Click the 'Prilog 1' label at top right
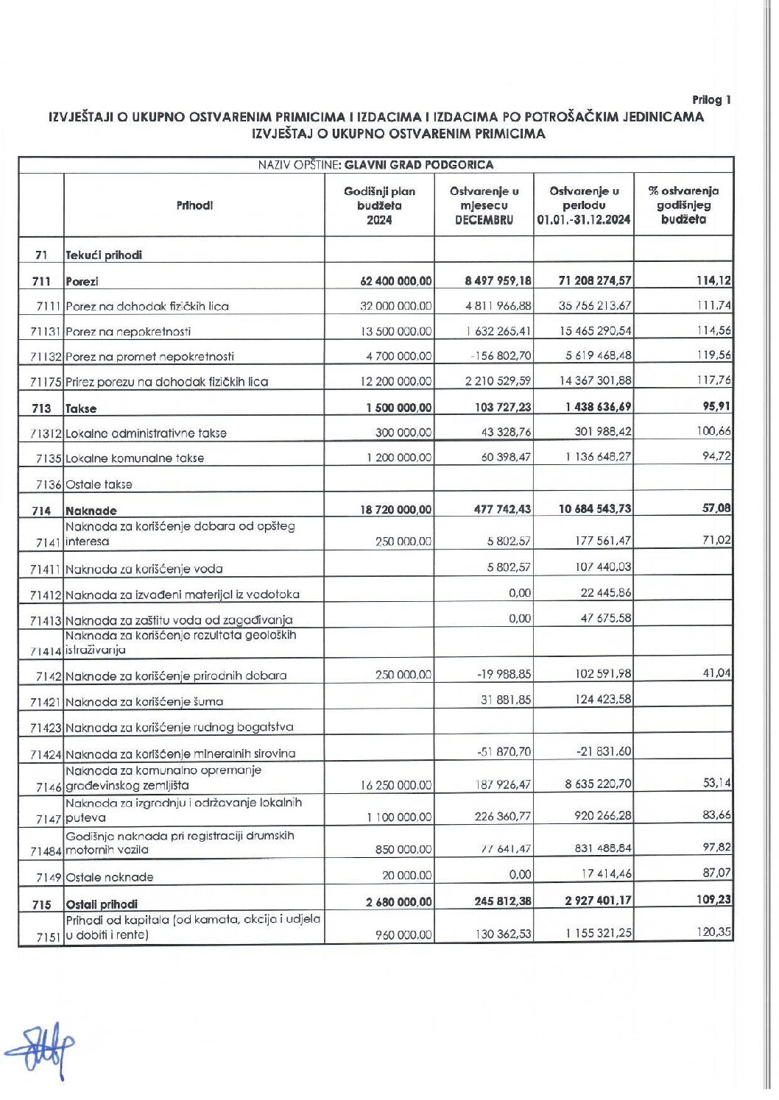[711, 100]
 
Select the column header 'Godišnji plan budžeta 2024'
[379, 205]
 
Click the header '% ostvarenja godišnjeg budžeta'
[683, 205]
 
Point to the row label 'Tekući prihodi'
[104, 255]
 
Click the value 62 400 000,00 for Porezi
[396, 281]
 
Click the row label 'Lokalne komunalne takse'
[135, 458]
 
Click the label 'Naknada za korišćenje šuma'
[144, 702]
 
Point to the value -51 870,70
[504, 752]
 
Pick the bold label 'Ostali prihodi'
[102, 904]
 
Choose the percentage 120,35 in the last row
[714, 932]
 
